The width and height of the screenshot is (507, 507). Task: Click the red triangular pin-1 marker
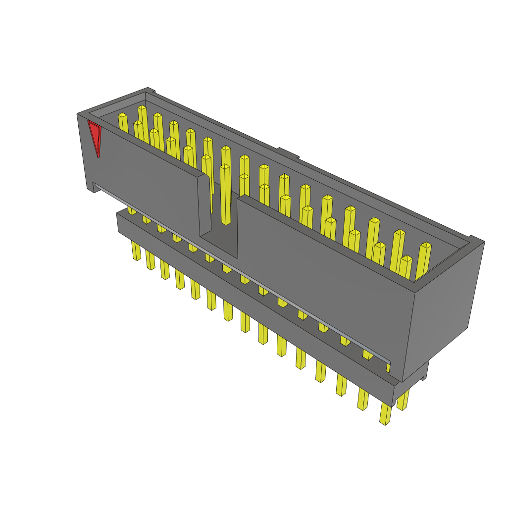pyautogui.click(x=95, y=136)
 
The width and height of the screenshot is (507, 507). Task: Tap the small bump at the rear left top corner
pyautogui.click(x=152, y=90)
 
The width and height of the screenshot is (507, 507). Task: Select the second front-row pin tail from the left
pyautogui.click(x=151, y=260)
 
